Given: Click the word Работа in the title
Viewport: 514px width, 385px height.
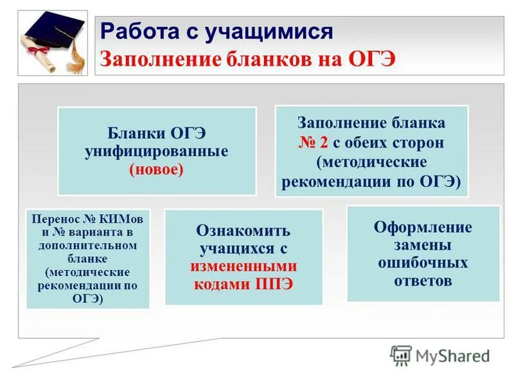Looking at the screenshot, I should (x=134, y=31).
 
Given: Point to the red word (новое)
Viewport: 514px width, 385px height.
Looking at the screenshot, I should (x=156, y=169).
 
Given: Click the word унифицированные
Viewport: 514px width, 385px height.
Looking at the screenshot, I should (x=156, y=152).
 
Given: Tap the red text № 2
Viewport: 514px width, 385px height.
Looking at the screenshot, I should (x=313, y=142).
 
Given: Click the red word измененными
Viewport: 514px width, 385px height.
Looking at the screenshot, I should (x=243, y=266).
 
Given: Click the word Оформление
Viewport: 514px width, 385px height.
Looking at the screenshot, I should (x=423, y=227).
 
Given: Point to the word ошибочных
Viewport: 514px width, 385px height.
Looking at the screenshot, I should (x=423, y=263).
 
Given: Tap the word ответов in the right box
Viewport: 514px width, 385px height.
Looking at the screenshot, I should (x=423, y=280).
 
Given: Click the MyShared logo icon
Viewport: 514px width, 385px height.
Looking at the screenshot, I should (x=401, y=355).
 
